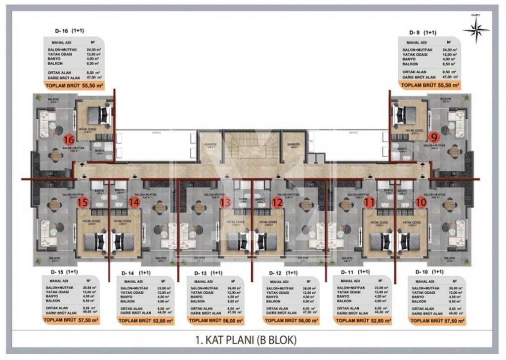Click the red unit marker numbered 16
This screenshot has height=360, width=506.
(x=69, y=139)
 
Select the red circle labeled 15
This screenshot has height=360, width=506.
(x=83, y=202)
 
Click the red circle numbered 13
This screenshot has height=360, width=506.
(x=225, y=202)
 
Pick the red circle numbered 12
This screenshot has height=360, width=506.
(x=277, y=202)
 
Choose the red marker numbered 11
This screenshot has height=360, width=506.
(x=369, y=202)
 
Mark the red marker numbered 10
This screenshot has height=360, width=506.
(x=421, y=202)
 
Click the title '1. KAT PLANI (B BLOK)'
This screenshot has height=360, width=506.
(x=253, y=340)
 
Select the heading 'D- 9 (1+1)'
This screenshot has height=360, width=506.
(x=422, y=32)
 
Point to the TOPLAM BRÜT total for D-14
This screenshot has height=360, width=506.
(x=145, y=320)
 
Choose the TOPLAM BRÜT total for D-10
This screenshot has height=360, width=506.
(x=435, y=320)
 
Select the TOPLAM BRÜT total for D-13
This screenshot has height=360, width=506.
(x=217, y=320)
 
